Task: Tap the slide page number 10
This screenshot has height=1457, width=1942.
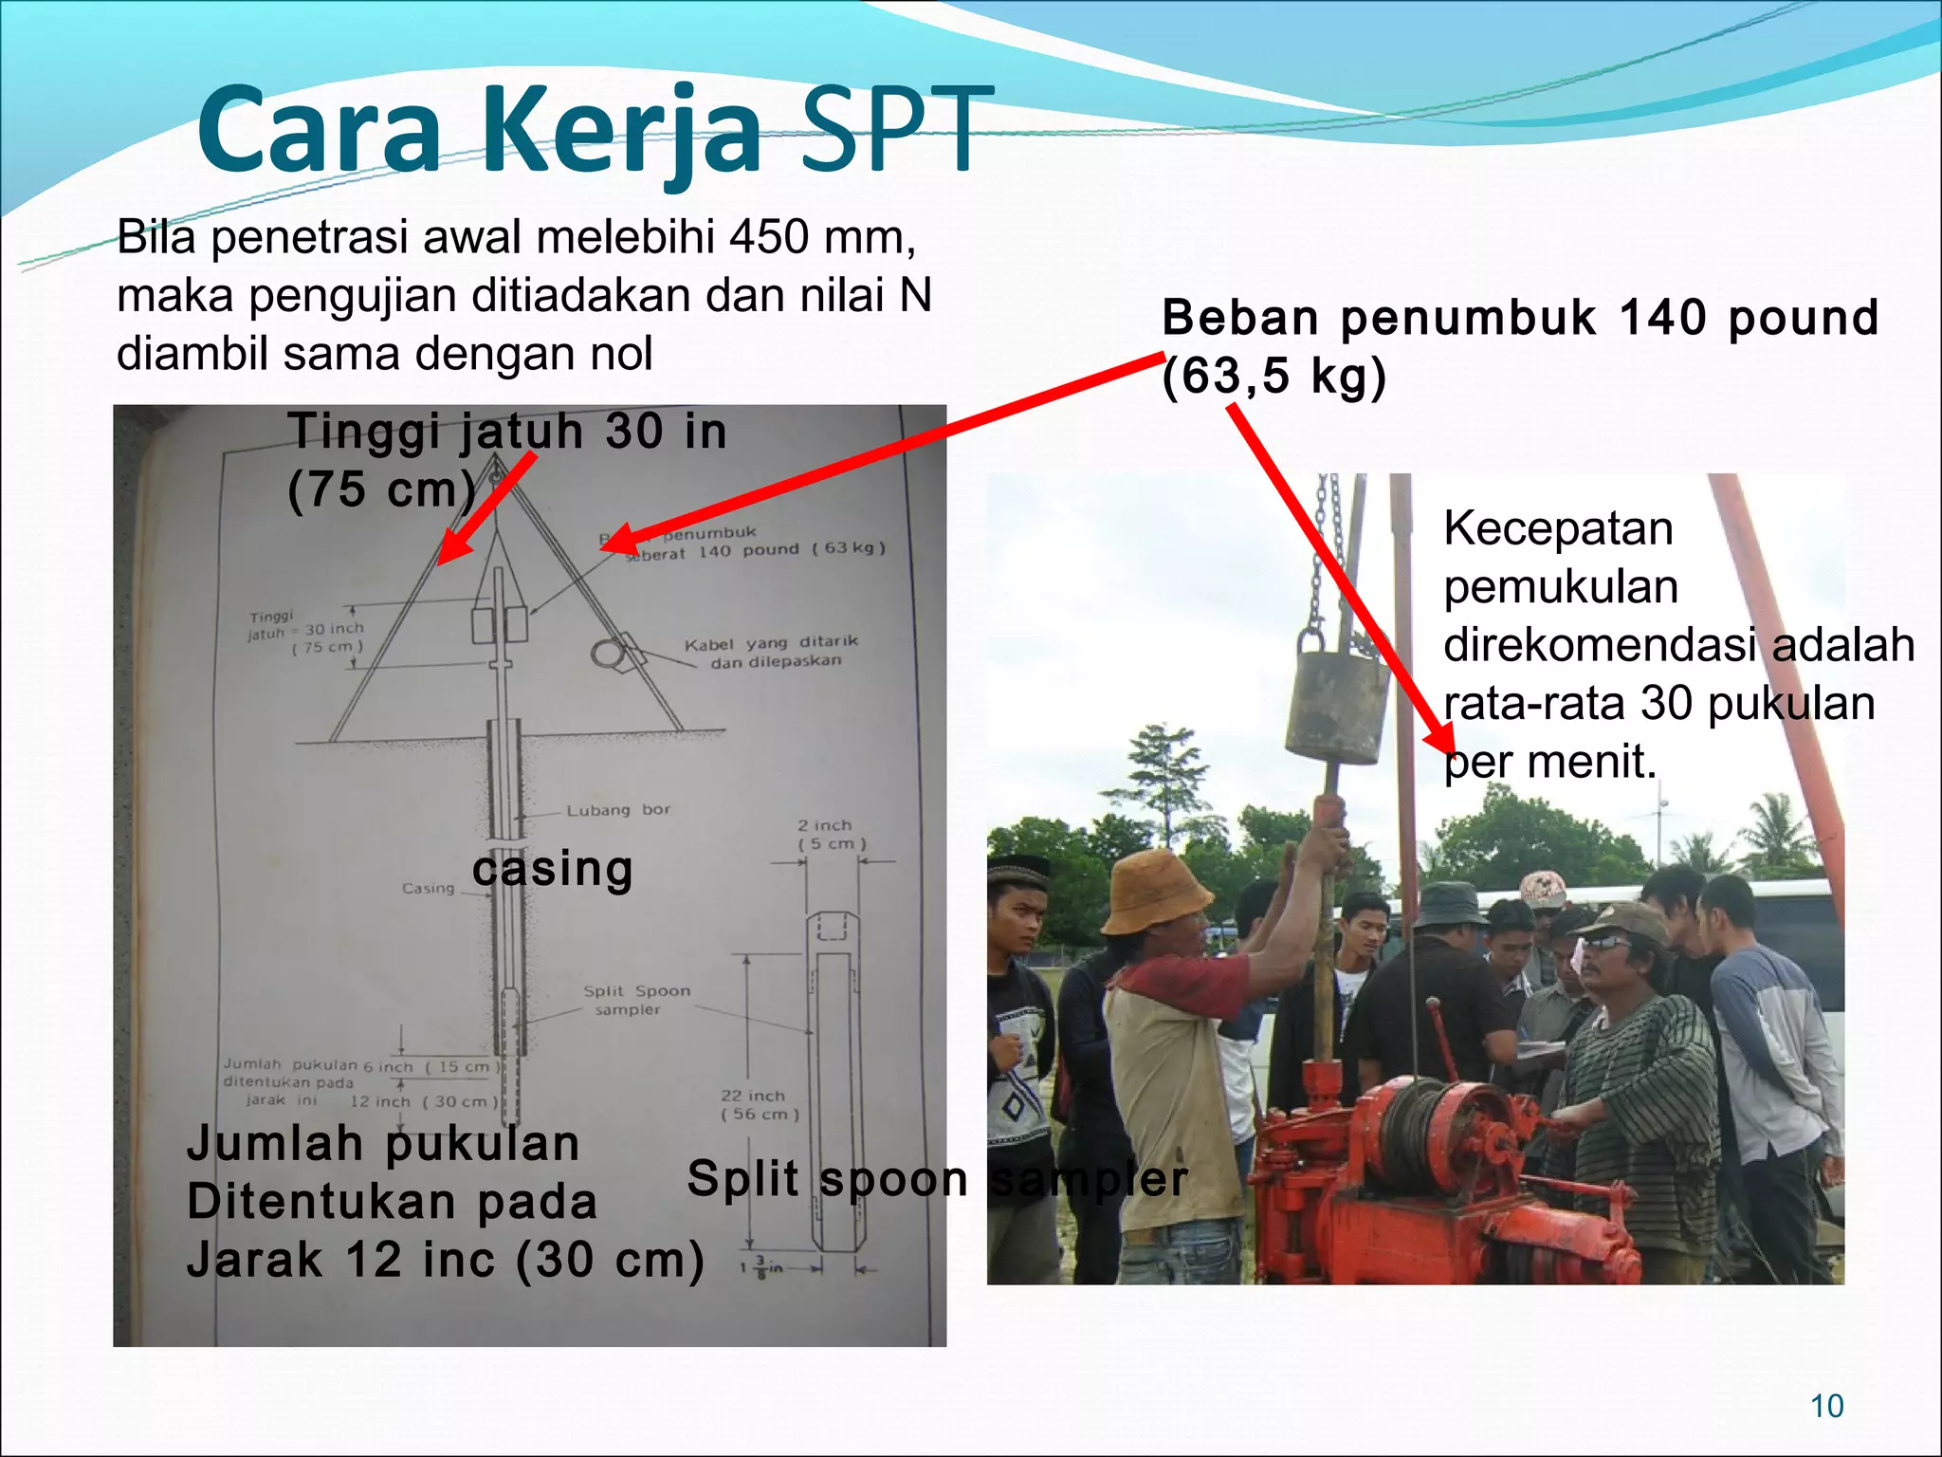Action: pos(1826,1406)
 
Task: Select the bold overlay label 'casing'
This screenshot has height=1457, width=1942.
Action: pos(553,869)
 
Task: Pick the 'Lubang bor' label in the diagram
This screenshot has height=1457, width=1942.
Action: pos(617,810)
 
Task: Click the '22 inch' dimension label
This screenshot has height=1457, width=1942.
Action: pos(753,1096)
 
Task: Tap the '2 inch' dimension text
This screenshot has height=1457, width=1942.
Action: pos(824,825)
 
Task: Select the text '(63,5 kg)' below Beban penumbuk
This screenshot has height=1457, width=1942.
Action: pos(1273,377)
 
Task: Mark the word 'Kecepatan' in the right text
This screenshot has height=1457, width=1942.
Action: pos(1558,528)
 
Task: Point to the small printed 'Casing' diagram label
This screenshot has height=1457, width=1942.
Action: pos(428,888)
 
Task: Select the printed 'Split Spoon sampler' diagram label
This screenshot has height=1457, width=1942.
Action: pos(635,1000)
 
